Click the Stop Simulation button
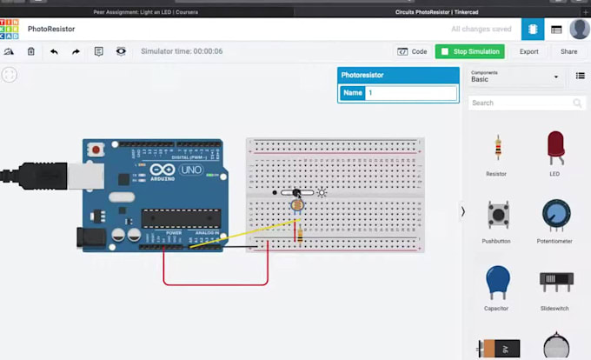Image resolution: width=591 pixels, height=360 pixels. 469,51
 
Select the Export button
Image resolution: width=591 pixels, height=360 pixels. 528,51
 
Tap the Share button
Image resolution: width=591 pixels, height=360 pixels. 568,51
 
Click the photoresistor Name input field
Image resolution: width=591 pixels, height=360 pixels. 410,93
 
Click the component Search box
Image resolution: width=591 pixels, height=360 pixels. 520,103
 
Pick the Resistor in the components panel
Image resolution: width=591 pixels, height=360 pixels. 496,150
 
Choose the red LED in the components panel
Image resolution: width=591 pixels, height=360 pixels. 554,148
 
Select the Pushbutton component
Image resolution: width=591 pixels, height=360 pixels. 496,216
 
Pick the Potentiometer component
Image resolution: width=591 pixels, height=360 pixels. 554,215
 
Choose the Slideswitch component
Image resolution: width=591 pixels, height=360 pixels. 554,282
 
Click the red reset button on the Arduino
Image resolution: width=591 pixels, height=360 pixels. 96,149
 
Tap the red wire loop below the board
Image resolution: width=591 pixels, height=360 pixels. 216,283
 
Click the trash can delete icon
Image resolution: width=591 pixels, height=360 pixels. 31,52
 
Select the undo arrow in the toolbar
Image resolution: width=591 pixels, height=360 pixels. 54,52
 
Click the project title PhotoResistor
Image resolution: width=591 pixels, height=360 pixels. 50,29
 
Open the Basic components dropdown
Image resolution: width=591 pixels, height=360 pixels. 515,77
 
